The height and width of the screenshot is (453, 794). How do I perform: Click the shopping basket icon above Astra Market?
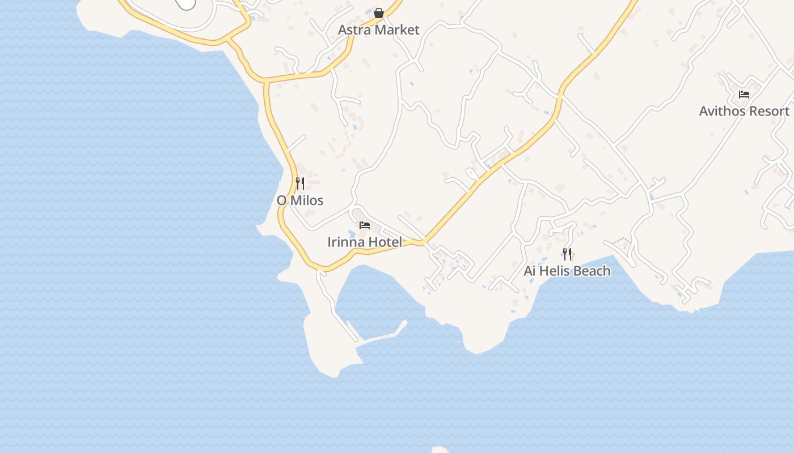coord(379,12)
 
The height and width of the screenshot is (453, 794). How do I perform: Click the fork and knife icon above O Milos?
coord(300,183)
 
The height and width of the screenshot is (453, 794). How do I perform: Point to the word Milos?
coord(308,200)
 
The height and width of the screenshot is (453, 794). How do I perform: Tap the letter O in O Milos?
coord(281,200)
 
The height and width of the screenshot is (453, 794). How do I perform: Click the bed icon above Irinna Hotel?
coord(365,225)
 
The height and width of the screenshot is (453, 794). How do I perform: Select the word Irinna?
coord(345,242)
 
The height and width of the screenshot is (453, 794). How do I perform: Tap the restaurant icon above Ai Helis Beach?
coord(567,254)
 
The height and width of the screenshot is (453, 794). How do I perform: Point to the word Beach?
coord(592,271)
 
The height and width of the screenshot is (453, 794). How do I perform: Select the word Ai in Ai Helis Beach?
coord(530,271)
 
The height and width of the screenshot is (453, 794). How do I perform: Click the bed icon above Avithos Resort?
coord(744,95)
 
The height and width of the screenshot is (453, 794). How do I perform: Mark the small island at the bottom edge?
coord(440,450)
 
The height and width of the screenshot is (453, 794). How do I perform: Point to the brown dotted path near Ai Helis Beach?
coord(622,242)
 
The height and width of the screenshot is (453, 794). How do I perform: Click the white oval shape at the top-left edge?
coord(186,3)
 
